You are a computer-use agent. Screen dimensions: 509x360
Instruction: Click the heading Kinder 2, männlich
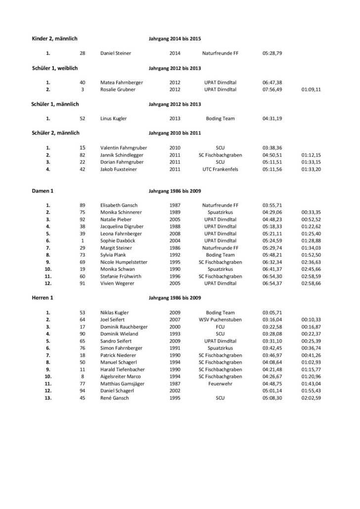54,39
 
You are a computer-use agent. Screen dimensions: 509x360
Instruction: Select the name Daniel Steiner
116,53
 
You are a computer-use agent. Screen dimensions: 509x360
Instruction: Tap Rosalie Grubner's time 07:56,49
272,89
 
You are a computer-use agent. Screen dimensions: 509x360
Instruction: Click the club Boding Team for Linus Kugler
220,119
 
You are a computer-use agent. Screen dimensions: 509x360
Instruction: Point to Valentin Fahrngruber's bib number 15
83,148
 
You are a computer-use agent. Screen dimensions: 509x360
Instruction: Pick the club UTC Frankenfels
220,169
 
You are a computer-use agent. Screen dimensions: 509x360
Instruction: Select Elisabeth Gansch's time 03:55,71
272,205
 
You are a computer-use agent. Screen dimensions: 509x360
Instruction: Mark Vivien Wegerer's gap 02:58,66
311,283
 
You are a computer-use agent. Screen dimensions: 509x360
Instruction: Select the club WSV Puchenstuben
220,320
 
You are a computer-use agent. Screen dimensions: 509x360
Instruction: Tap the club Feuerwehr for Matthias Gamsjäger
220,384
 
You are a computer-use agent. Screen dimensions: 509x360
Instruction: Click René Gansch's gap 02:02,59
311,398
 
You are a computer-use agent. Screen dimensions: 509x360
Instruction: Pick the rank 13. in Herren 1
48,398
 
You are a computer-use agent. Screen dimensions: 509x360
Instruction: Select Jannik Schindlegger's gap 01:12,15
311,155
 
